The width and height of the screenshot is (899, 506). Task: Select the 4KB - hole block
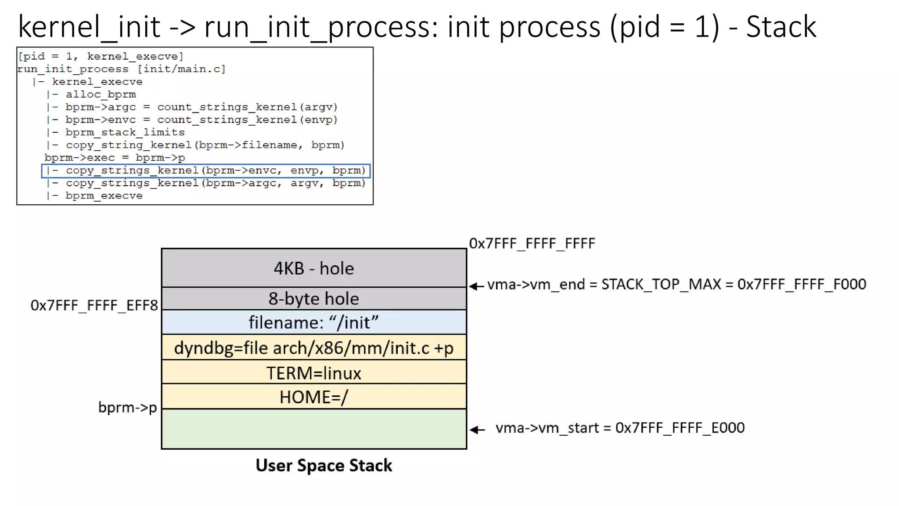point(313,268)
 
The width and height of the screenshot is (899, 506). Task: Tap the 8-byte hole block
point(313,299)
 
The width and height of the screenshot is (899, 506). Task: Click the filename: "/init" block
point(313,322)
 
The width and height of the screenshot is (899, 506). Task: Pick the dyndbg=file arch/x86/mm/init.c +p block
point(313,348)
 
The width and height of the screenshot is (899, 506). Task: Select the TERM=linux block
point(313,373)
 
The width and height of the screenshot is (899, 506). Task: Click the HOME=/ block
point(313,397)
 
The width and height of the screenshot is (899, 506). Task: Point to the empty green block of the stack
point(313,429)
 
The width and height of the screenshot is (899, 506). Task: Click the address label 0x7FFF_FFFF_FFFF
point(532,243)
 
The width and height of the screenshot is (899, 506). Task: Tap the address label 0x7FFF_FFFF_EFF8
point(94,305)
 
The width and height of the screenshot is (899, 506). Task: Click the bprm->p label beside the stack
point(127,408)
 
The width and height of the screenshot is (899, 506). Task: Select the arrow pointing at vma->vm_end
point(476,286)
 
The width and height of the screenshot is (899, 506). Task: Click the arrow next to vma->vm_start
point(477,430)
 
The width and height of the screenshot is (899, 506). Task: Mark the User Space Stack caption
point(324,466)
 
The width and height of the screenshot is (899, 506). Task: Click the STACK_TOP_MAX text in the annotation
point(661,285)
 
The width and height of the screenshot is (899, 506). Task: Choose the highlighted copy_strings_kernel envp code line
point(205,170)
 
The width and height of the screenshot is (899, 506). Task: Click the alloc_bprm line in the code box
point(101,94)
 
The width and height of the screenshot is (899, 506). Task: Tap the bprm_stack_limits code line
point(125,132)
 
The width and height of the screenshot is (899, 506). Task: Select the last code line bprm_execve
point(104,196)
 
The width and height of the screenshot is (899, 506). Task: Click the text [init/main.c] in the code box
point(181,69)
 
